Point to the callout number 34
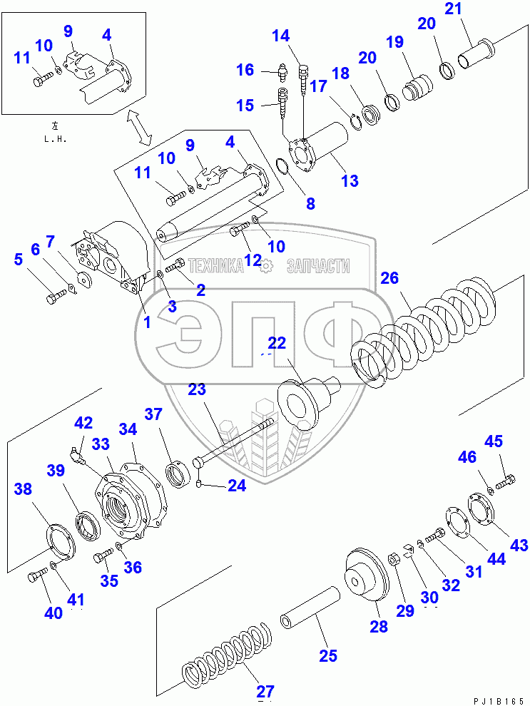coord(128,429)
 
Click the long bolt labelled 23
coord(235,443)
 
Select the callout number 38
coord(23,489)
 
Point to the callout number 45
coord(494,441)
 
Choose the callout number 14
coord(281,35)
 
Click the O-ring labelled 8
coord(282,169)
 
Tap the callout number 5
coord(18,260)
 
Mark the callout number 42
coord(84,423)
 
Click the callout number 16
coord(245,70)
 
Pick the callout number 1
coord(146,322)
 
